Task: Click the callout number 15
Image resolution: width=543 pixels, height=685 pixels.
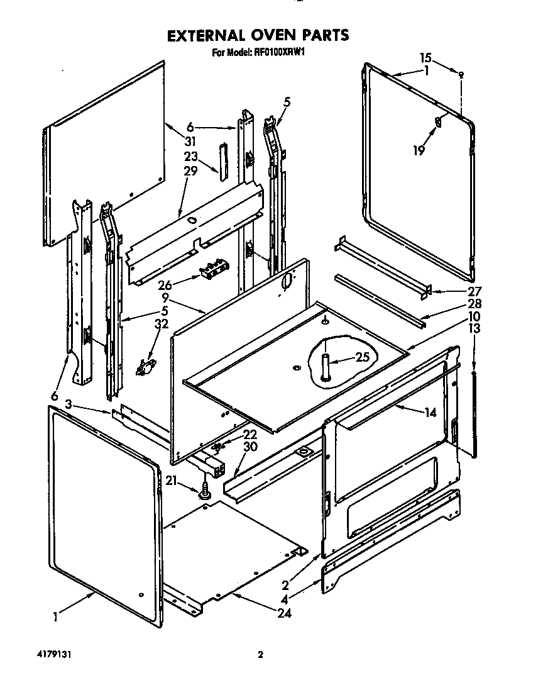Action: coord(426,58)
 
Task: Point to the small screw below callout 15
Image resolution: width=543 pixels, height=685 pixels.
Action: coord(462,75)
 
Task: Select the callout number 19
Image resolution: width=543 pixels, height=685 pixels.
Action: coord(419,150)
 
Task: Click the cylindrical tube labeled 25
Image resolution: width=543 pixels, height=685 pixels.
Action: coord(326,365)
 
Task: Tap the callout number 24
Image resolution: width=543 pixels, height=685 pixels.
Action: coord(285,613)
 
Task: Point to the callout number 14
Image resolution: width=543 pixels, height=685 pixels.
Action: coord(431,413)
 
